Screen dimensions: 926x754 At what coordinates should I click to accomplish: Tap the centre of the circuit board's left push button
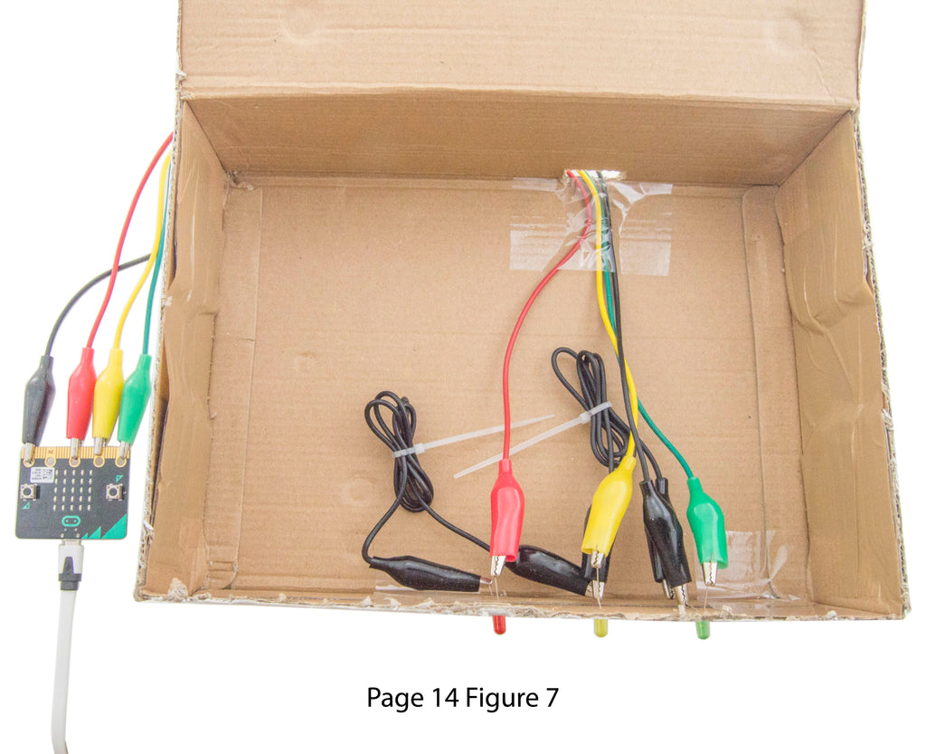(27, 491)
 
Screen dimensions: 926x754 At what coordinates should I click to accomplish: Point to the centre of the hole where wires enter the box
(592, 176)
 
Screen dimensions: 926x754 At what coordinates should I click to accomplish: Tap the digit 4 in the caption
(451, 698)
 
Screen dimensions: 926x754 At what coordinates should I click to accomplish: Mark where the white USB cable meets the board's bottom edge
(71, 539)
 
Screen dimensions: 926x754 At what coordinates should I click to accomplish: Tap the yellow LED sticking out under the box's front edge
(600, 627)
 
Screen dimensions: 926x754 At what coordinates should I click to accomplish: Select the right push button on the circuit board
(114, 491)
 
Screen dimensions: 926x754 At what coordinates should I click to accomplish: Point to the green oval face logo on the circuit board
(71, 521)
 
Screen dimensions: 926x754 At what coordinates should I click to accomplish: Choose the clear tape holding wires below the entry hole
(591, 225)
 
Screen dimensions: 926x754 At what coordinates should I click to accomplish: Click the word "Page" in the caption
(395, 699)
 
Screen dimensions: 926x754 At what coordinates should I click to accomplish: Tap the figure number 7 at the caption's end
(552, 698)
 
